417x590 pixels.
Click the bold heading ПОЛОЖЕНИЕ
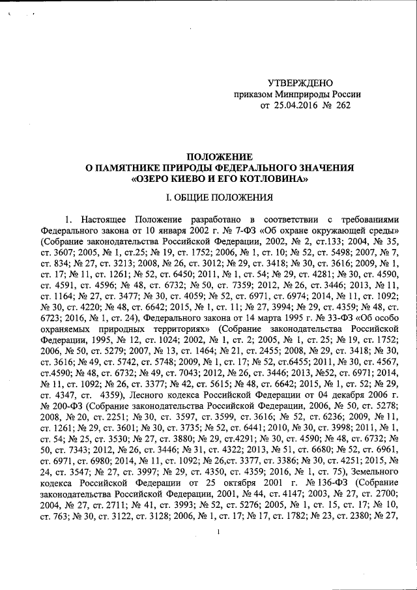[x=220, y=157]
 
